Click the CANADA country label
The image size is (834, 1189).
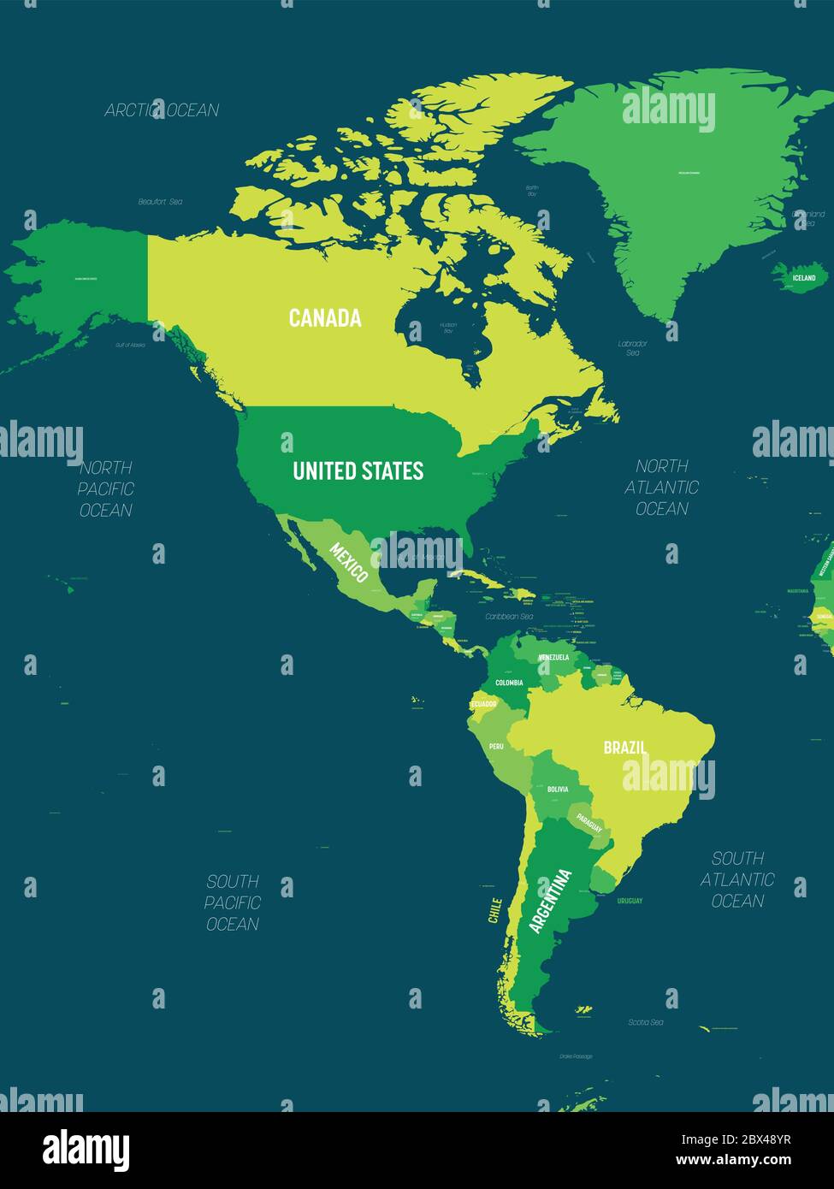coord(325,318)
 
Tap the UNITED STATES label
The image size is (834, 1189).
coord(358,470)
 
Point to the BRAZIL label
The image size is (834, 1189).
coord(624,748)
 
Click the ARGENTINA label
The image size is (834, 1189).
coord(550,901)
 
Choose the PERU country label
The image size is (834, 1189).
coord(496,747)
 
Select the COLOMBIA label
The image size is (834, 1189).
coord(509,683)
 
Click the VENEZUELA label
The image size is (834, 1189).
coord(553,657)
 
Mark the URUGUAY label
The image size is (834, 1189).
coord(630,901)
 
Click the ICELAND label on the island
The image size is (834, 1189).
coord(803,278)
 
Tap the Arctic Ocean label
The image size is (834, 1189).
coord(162,110)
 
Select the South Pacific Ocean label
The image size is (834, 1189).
coord(232,902)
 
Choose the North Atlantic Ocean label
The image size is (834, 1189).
coord(661,488)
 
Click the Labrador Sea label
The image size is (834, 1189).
coord(633,348)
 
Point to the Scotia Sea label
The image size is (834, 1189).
coord(646,1022)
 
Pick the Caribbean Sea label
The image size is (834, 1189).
coord(509,616)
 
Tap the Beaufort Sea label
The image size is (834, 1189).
coord(160,202)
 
